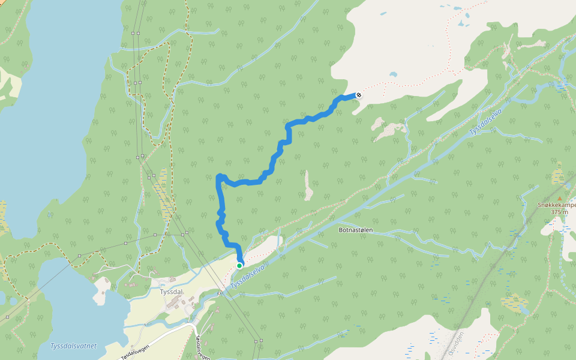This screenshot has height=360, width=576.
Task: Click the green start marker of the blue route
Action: pyautogui.click(x=239, y=265)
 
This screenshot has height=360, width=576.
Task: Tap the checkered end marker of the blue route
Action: pyautogui.click(x=359, y=94)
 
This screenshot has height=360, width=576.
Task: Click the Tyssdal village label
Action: pyautogui.click(x=171, y=292)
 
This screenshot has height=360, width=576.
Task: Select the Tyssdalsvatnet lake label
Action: pyautogui.click(x=73, y=346)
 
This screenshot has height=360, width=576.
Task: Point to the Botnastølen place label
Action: pyautogui.click(x=356, y=230)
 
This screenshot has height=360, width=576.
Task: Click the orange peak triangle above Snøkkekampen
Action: pyautogui.click(x=560, y=198)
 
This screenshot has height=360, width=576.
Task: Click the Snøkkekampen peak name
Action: pyautogui.click(x=556, y=205)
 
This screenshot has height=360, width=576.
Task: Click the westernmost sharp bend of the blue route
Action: pyautogui.click(x=218, y=176)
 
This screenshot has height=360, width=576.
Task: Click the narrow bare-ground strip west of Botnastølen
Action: pyautogui.click(x=308, y=185)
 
